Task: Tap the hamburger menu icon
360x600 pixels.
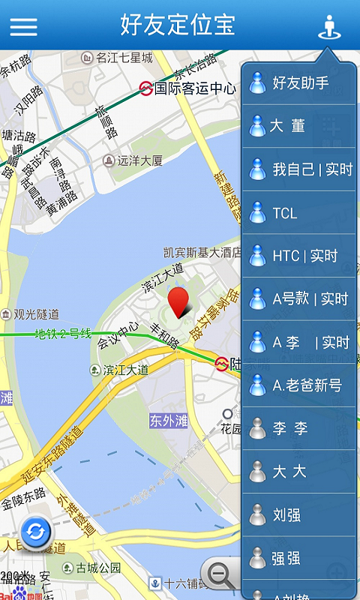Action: [x=23, y=26]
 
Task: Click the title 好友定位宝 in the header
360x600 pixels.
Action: [x=178, y=25]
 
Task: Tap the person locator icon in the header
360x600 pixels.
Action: [x=328, y=27]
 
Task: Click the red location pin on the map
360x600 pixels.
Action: [x=178, y=301]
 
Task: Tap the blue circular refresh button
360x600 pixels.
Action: [x=34, y=532]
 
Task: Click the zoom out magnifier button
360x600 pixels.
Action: [x=220, y=574]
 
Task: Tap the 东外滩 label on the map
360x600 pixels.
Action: [x=168, y=421]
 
